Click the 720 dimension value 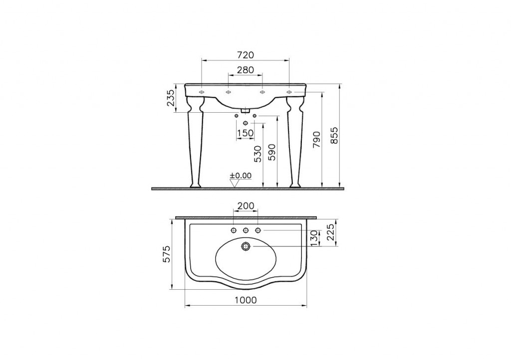click(246, 55)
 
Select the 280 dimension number click(246, 70)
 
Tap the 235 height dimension click(171, 98)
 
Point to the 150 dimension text click(246, 133)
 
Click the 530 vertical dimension click(257, 154)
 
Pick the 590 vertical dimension click(272, 152)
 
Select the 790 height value click(317, 140)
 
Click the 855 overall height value click(335, 136)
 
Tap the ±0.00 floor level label click(241, 176)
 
